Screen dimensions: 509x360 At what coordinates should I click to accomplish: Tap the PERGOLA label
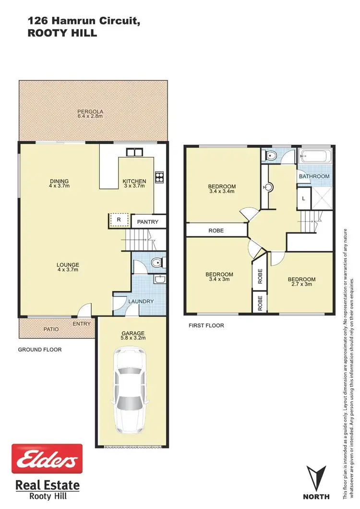[x=90, y=111]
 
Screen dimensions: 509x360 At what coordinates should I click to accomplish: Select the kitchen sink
[x=134, y=152]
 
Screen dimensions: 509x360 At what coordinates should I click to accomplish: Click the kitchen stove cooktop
[x=159, y=176]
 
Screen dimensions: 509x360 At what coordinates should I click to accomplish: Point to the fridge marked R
[x=119, y=220]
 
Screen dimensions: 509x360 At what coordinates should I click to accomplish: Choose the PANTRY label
[x=148, y=222]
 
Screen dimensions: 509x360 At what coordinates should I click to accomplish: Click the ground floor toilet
[x=156, y=263]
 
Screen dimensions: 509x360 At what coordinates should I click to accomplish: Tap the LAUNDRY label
[x=141, y=302]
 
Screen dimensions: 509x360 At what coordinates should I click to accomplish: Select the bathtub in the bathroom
[x=315, y=157]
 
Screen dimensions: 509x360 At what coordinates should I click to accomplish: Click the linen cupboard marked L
[x=304, y=198]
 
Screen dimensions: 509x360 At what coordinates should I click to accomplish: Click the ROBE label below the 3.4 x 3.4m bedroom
[x=216, y=230]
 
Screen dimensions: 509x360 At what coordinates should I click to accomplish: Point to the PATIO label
[x=51, y=329]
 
